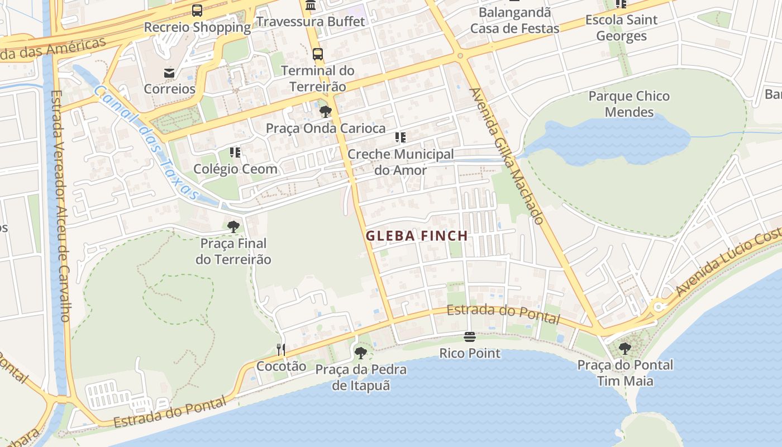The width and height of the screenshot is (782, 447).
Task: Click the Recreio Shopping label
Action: tap(197, 27)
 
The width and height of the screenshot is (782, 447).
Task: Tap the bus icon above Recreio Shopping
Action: tap(197, 10)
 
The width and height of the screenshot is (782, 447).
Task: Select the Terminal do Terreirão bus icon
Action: tap(317, 54)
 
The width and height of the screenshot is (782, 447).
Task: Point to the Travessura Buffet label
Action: tap(310, 22)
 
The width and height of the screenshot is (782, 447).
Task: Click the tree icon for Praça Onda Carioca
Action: tap(326, 112)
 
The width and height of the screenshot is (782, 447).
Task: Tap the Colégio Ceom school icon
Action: tap(235, 152)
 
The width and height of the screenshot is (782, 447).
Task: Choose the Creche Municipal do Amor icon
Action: tap(400, 137)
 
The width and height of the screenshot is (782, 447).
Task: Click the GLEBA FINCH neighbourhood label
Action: tap(417, 236)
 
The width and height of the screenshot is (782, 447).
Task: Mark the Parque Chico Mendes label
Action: tap(629, 104)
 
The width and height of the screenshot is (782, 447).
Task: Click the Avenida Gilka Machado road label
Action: tap(506, 156)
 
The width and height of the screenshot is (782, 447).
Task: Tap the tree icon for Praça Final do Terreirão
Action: tap(233, 227)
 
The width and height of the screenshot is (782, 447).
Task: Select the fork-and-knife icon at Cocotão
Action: tap(281, 350)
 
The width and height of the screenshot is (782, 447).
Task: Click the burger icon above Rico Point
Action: tap(469, 337)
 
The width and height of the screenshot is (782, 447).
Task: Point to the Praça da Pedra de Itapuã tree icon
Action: tap(361, 353)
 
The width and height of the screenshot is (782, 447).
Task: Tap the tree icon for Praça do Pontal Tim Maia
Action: tap(625, 349)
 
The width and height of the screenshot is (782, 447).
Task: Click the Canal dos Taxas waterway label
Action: tap(146, 142)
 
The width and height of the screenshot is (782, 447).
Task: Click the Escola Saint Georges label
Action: tap(621, 28)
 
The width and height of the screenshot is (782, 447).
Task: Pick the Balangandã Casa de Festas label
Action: tap(514, 20)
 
